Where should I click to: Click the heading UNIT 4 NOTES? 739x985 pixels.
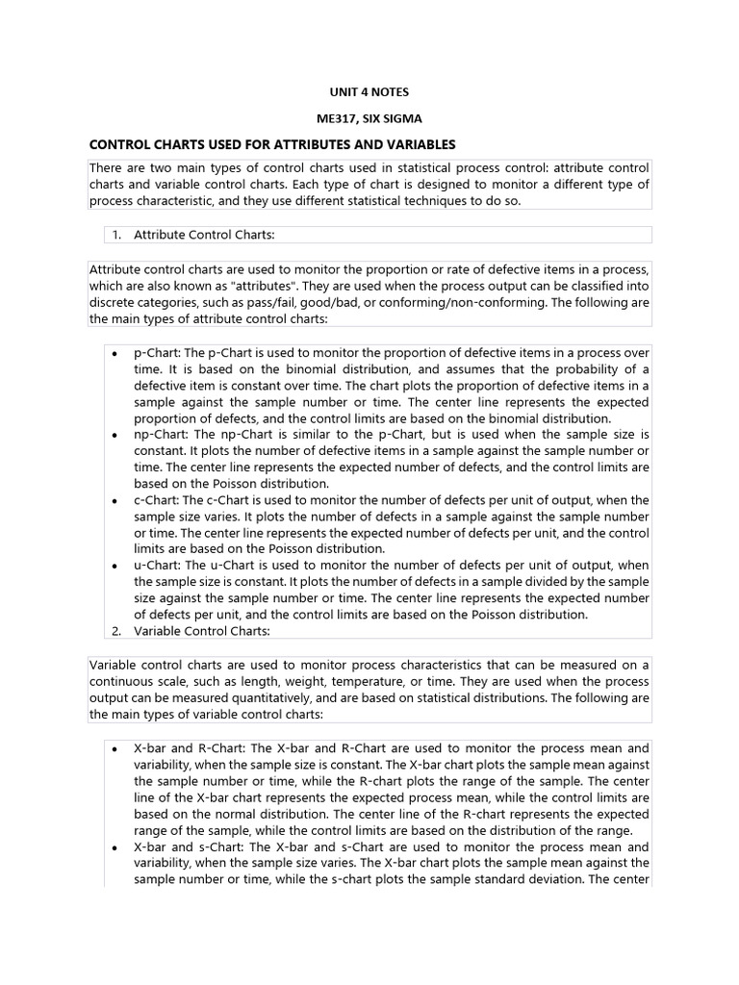pyautogui.click(x=369, y=92)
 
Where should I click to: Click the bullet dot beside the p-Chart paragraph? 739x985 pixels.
pyautogui.click(x=114, y=353)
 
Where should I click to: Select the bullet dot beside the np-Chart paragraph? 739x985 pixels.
pyautogui.click(x=114, y=435)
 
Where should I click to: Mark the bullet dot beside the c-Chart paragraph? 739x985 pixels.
pyautogui.click(x=114, y=500)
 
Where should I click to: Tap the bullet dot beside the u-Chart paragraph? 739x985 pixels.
pyautogui.click(x=114, y=566)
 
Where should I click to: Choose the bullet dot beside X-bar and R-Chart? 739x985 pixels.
pyautogui.click(x=114, y=748)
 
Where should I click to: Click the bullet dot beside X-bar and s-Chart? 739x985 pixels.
pyautogui.click(x=114, y=847)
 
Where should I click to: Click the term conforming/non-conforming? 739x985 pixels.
pyautogui.click(x=481, y=302)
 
